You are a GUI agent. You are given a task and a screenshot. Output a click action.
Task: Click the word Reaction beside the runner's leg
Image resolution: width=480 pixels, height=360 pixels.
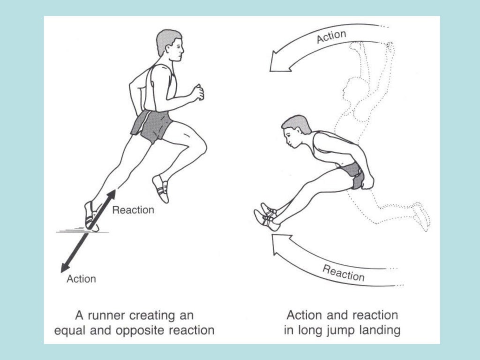click(133, 210)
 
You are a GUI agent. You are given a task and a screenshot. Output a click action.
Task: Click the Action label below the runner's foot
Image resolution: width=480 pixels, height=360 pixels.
click(81, 279)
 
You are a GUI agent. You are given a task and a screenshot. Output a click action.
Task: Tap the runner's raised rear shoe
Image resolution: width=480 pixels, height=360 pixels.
click(161, 188)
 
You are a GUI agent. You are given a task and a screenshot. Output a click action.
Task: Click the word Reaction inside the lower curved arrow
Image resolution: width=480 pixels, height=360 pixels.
click(344, 272)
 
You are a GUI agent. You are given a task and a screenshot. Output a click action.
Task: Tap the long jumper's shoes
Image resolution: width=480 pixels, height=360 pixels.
click(266, 216)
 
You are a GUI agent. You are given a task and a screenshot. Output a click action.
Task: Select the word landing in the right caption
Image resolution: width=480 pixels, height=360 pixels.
click(381, 330)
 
